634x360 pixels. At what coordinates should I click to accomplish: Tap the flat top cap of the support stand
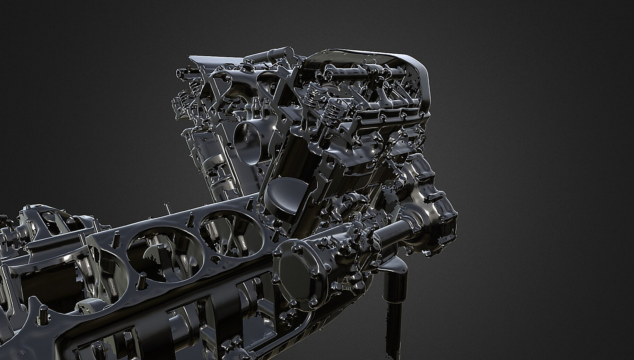tap(395, 267)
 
